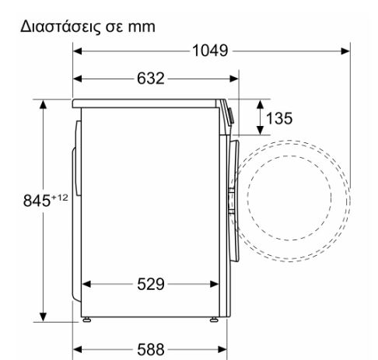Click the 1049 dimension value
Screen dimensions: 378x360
coord(210,51)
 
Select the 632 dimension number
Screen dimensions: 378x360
coord(151,79)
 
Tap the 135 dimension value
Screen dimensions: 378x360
coord(279,118)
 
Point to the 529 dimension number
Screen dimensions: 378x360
coord(151,284)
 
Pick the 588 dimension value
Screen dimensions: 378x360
coord(151,349)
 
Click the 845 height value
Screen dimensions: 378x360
coord(37,201)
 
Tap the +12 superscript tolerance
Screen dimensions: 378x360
coord(60,197)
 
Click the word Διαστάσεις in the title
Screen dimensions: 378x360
coord(61,27)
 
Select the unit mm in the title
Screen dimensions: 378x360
coord(142,27)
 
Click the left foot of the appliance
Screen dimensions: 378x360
coord(87,320)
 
